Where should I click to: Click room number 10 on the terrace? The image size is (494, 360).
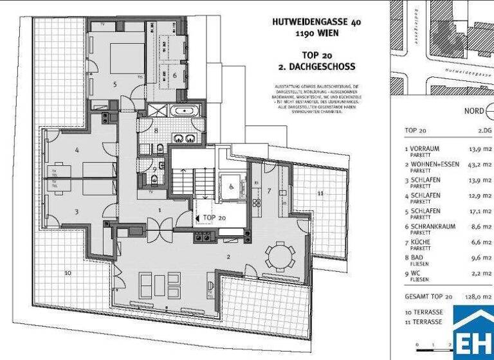68,273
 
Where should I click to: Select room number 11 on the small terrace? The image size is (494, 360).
320,193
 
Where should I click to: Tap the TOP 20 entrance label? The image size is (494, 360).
214,217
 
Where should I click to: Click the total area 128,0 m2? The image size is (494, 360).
480,296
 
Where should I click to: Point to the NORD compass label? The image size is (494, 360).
475,111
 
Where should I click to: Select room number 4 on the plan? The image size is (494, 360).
77,150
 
